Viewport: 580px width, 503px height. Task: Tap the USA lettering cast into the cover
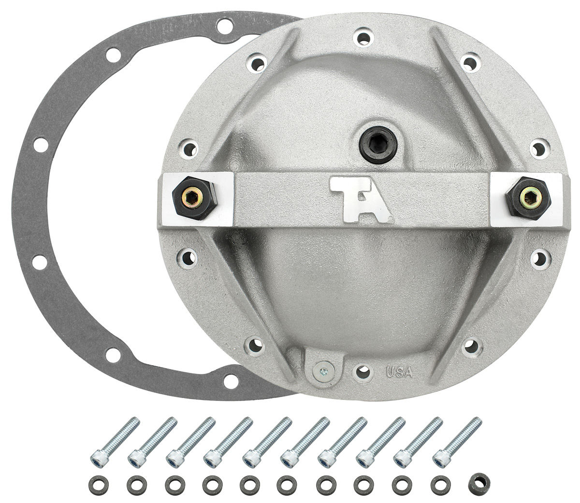pos(399,372)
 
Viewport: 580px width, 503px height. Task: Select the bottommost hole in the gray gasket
pos(231,382)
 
